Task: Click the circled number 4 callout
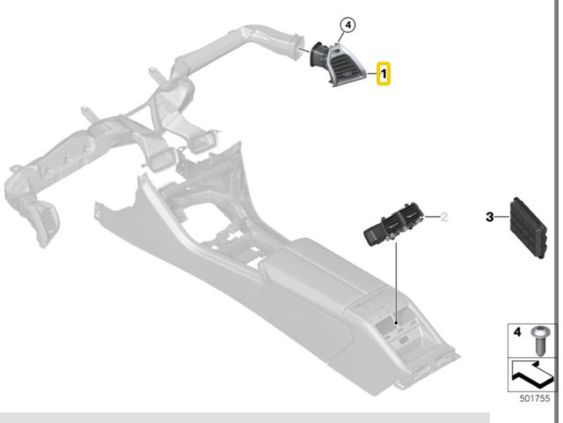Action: click(x=347, y=26)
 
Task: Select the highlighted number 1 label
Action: click(x=384, y=74)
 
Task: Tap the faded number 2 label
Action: click(x=444, y=217)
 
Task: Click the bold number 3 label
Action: click(x=490, y=217)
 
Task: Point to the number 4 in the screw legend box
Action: click(x=517, y=331)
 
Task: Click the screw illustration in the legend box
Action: click(x=539, y=340)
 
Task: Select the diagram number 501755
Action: click(x=535, y=398)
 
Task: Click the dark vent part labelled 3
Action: click(x=528, y=227)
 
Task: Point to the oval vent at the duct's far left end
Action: click(x=46, y=223)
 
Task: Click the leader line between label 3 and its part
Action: click(x=502, y=217)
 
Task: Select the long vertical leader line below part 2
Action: click(x=396, y=283)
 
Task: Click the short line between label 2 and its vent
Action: click(x=432, y=217)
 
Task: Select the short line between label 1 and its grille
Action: click(x=371, y=73)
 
